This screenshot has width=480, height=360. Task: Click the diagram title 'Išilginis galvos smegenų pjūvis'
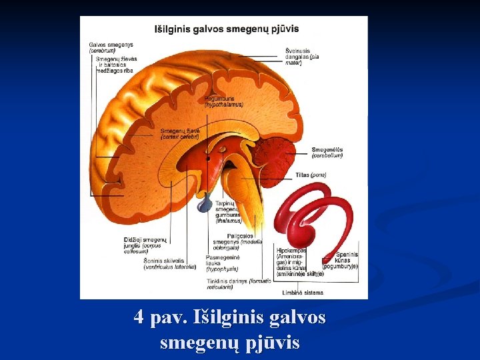point(227,29)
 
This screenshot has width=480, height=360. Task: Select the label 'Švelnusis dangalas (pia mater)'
point(302,57)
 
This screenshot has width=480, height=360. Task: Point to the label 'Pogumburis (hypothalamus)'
point(224,102)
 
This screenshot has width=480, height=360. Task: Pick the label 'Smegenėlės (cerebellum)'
point(327,153)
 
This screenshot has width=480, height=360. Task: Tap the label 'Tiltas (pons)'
point(311,175)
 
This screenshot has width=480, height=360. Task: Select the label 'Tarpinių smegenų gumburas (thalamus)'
point(228,212)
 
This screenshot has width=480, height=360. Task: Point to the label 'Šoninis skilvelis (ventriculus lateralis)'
point(169,264)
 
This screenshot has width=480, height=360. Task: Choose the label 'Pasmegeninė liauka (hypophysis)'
point(223,263)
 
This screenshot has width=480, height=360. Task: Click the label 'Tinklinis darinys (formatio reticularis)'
point(239,284)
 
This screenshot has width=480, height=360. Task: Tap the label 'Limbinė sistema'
point(303,293)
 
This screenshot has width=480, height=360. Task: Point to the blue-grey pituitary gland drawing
point(205,205)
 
